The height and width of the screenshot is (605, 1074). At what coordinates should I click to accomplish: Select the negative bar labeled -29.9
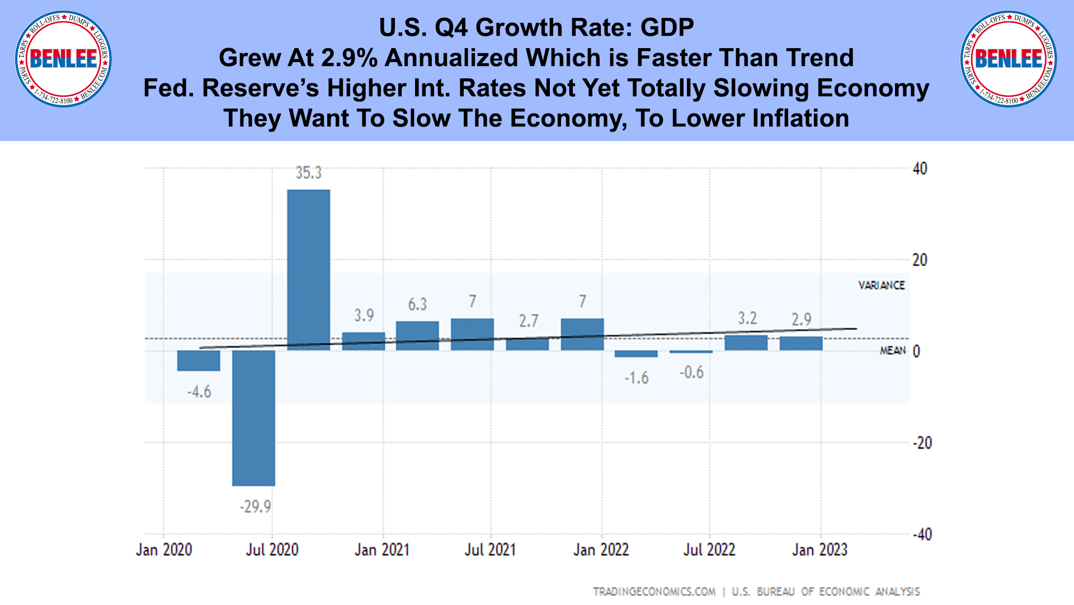pyautogui.click(x=253, y=418)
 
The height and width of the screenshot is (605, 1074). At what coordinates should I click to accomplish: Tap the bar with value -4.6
pyautogui.click(x=199, y=360)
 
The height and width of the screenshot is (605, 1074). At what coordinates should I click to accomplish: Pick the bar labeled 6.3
pyautogui.click(x=417, y=336)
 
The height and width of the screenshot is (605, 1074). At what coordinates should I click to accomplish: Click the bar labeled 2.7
pyautogui.click(x=527, y=343)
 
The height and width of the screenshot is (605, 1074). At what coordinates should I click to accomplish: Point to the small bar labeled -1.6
pyautogui.click(x=636, y=354)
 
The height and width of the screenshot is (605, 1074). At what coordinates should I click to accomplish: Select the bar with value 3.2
pyautogui.click(x=746, y=343)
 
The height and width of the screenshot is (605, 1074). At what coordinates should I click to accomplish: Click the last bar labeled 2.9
pyautogui.click(x=801, y=343)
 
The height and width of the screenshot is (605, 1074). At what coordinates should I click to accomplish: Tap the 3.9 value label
pyautogui.click(x=364, y=316)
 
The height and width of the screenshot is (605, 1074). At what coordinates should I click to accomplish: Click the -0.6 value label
pyautogui.click(x=691, y=372)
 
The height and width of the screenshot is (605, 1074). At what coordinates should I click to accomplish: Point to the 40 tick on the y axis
pyautogui.click(x=920, y=168)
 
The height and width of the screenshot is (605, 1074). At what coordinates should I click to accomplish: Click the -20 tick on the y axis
pyautogui.click(x=922, y=443)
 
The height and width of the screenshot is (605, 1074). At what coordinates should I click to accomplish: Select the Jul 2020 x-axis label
pyautogui.click(x=272, y=550)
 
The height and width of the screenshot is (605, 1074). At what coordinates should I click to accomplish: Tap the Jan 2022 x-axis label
pyautogui.click(x=601, y=550)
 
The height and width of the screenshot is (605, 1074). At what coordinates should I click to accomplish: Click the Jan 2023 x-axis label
pyautogui.click(x=819, y=550)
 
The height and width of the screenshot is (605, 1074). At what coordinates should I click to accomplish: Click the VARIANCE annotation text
pyautogui.click(x=882, y=285)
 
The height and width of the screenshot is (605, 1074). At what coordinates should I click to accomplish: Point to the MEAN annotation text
pyautogui.click(x=892, y=350)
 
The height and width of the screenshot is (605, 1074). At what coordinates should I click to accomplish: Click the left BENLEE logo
pyautogui.click(x=63, y=59)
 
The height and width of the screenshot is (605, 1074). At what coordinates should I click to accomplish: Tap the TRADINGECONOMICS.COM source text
pyautogui.click(x=654, y=592)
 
